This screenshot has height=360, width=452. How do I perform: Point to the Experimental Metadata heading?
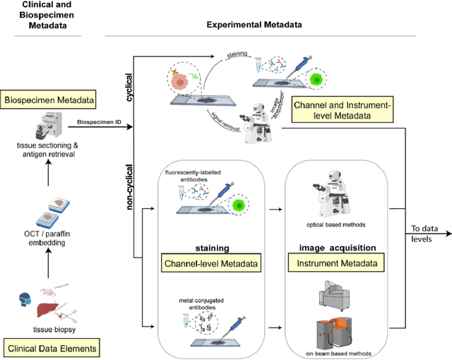tap(254, 25)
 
